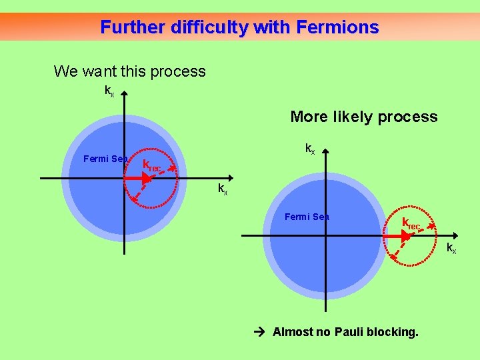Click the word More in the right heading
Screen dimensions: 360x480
coord(309,117)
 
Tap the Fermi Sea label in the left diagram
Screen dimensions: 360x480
coord(105,159)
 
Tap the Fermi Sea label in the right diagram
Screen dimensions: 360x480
coord(307,217)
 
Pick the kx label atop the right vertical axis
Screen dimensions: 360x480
coord(310,148)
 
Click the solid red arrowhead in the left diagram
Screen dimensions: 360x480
coord(147,179)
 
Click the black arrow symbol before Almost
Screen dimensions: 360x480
coord(261,331)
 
